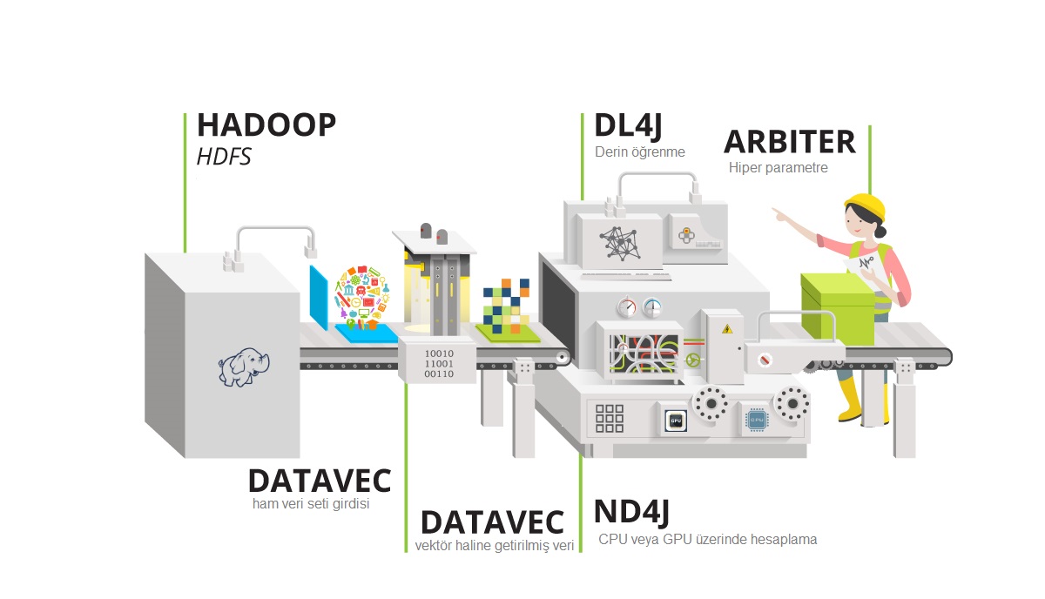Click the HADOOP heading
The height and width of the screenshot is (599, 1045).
(x=266, y=125)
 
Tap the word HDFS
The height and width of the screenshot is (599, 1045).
(x=224, y=158)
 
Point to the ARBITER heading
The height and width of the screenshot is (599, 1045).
(x=789, y=140)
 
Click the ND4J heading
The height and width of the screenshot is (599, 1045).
(x=631, y=512)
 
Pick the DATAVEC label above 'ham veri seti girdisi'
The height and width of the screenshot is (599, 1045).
(x=319, y=481)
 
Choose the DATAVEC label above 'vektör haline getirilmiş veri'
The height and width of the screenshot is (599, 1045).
(x=492, y=522)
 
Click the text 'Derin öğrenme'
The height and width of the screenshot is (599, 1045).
(x=640, y=151)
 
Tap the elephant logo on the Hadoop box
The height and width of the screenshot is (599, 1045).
(x=245, y=367)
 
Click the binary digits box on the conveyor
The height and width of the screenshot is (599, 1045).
(x=438, y=362)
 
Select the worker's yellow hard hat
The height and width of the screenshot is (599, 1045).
(x=865, y=207)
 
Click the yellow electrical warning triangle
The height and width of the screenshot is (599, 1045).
(x=725, y=328)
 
